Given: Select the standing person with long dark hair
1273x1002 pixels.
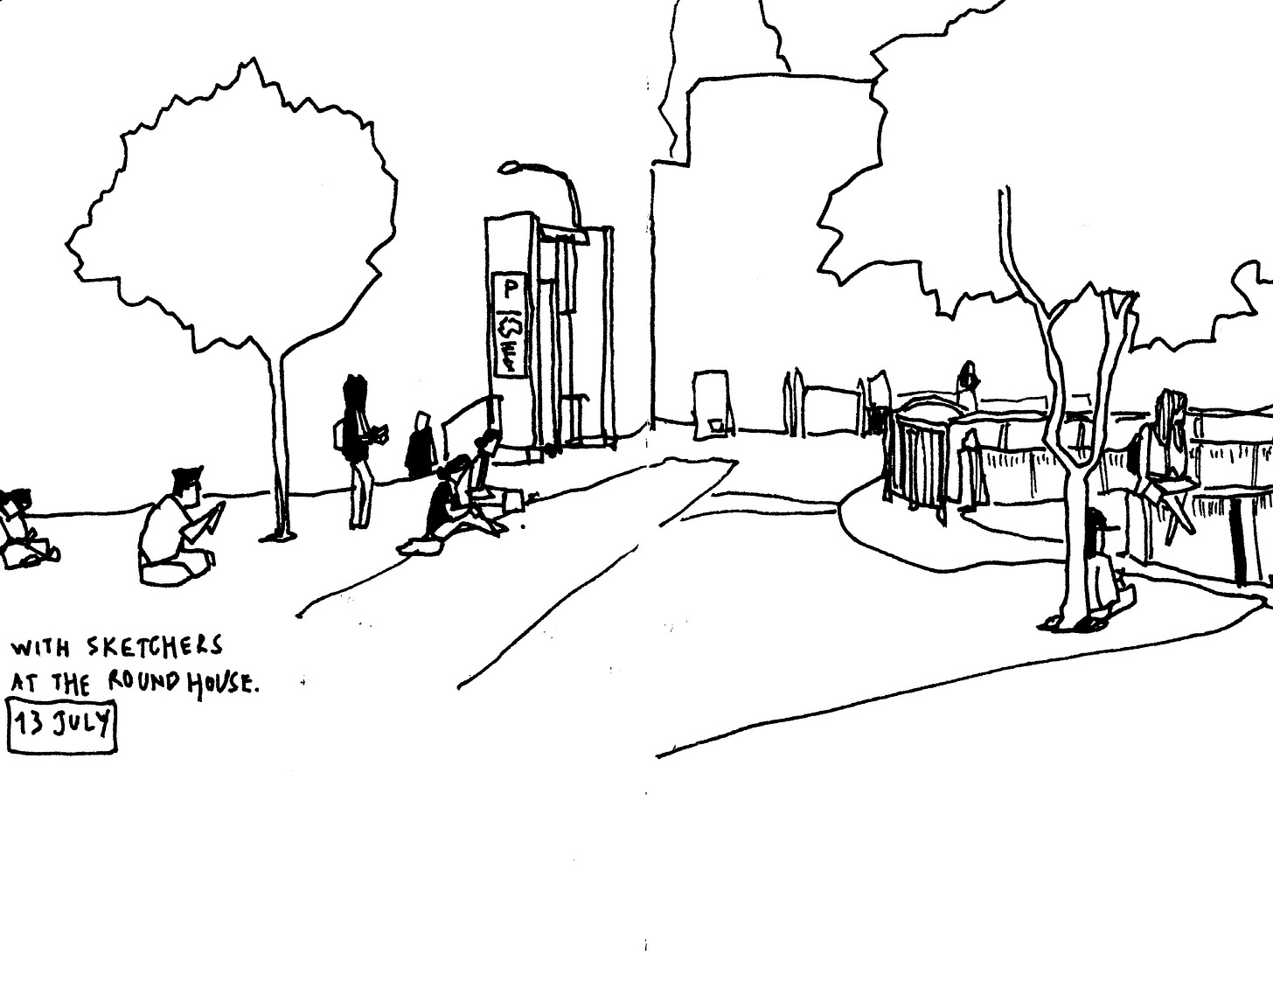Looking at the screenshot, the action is coord(357,446).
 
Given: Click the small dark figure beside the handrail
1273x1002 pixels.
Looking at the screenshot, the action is coord(421,448).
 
